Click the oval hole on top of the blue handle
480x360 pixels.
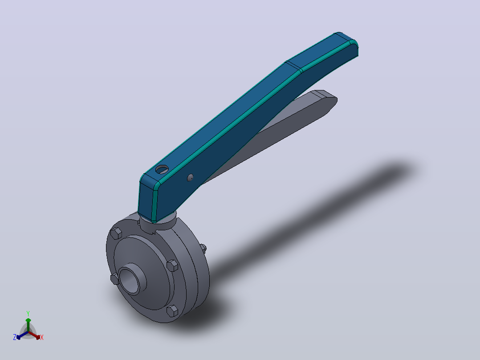tap(162, 169)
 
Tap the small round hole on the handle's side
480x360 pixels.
tap(190, 177)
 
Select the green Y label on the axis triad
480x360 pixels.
tap(28, 313)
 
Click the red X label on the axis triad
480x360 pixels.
tap(42, 337)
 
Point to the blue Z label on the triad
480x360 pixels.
tap(15, 337)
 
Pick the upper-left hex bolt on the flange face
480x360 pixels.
tap(116, 233)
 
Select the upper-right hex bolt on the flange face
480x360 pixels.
tap(172, 266)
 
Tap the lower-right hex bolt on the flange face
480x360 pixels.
tap(172, 311)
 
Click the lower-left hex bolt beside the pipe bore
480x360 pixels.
tap(114, 279)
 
